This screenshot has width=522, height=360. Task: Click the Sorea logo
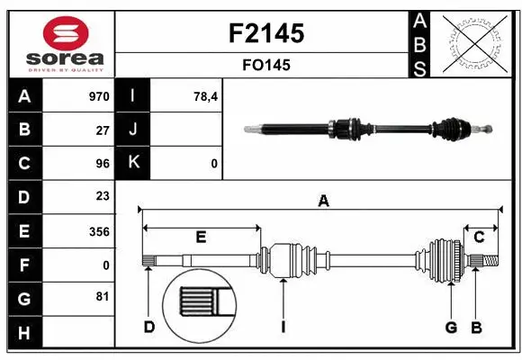[x=60, y=44]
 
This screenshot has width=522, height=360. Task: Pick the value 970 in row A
[x=99, y=96]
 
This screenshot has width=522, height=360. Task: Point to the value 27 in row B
[x=103, y=130]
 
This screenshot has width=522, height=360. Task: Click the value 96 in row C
[x=103, y=164]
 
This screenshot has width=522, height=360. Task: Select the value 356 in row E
[x=99, y=231]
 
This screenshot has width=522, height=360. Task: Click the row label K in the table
[x=133, y=164]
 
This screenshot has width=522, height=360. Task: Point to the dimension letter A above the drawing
[x=323, y=202]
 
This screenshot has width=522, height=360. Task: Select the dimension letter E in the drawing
[x=201, y=237]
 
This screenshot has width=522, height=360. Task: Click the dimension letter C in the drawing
[x=479, y=237]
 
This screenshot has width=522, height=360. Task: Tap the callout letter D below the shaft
[x=149, y=326]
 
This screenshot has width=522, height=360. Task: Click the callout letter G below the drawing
[x=451, y=326]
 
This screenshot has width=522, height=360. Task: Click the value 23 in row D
[x=103, y=196]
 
